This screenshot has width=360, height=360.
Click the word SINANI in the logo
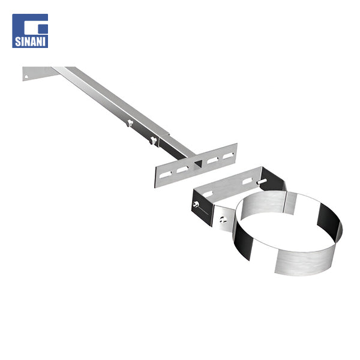(30, 41)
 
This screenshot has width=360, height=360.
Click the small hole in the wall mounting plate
(26, 77)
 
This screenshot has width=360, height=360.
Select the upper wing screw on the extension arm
(130, 123)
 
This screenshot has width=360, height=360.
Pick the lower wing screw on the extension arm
(154, 140)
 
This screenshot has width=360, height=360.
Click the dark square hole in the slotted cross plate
(198, 164)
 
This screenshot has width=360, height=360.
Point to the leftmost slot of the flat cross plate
(166, 175)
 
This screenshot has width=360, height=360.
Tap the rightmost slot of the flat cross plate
(228, 155)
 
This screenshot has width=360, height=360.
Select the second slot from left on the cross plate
(182, 169)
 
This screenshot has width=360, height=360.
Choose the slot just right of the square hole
(212, 160)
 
